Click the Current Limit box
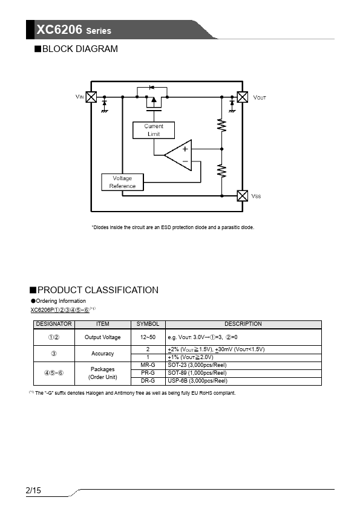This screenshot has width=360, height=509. coord(154,130)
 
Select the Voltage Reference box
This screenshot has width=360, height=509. coord(122,182)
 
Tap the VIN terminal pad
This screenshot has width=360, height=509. coord(91,97)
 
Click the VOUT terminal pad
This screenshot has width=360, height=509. coord(243,97)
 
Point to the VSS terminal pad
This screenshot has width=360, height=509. coord(243,196)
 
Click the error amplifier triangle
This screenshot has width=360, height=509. coord(178,155)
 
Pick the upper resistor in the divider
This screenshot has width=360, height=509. coord(221,126)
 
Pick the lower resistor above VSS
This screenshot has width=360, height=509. coord(221,171)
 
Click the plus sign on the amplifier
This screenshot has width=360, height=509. coord(185,149)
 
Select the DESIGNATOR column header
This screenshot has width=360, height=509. coord(54,324)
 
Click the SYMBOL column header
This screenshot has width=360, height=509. coord(148,324)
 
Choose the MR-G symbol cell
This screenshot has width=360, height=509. coord(148,365)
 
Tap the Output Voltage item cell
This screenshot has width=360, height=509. coord(103,337)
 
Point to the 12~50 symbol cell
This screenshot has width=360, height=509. coord(148,337)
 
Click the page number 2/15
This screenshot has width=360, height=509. coord(33,490)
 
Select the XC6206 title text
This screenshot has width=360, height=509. coord(59,30)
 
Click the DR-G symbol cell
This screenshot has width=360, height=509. coord(148,381)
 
